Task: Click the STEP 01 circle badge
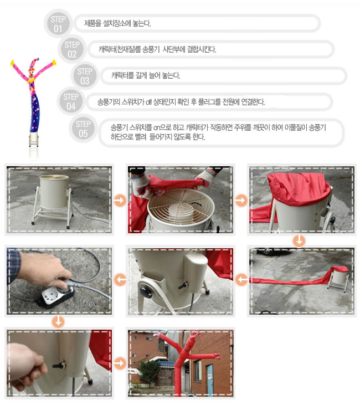[58, 24]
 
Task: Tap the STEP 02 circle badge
[72, 49]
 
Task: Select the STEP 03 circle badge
[85, 76]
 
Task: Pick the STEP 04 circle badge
[71, 101]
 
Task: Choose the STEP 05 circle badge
[83, 129]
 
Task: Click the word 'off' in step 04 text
[149, 102]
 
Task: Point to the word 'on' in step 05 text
[156, 128]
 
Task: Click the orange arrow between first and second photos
[120, 201]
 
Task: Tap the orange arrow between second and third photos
[241, 201]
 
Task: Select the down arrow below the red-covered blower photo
[299, 240]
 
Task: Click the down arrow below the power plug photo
[58, 321]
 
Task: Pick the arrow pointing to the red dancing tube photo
[120, 363]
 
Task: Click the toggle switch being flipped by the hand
[60, 365]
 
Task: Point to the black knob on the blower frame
[146, 293]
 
